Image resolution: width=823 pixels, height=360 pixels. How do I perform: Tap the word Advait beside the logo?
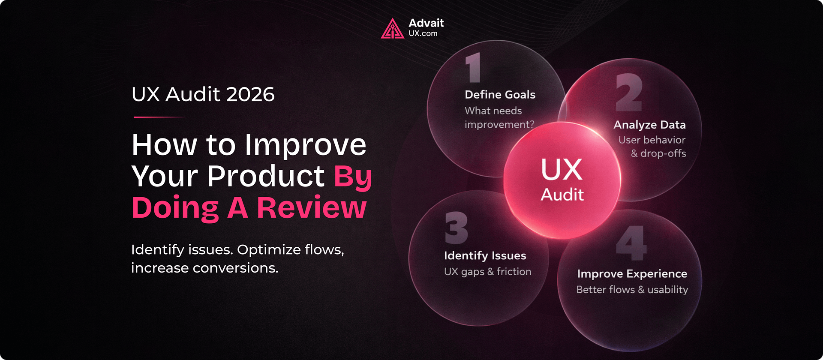[426, 23]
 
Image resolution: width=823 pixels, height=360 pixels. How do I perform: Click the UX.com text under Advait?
[423, 33]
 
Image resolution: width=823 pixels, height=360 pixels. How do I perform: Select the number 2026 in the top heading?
[250, 94]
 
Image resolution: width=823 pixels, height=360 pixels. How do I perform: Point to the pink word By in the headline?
[353, 176]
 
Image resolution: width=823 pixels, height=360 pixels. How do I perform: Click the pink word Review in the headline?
[312, 208]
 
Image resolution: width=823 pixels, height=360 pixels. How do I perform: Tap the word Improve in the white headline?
[306, 145]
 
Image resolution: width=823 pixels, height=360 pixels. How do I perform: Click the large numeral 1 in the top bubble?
[473, 68]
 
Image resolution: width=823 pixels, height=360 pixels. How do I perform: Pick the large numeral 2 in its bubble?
[629, 92]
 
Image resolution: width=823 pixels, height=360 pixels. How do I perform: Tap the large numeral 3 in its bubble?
[456, 228]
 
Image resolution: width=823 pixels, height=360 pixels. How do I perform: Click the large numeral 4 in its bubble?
[631, 243]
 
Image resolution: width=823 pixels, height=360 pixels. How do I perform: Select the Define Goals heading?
[500, 95]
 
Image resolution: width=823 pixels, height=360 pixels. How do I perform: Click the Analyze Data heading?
[649, 125]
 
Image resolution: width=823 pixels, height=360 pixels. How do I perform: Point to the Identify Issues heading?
[485, 256]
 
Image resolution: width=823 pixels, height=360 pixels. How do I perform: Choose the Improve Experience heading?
[632, 274]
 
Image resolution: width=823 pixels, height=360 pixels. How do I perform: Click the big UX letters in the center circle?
[562, 169]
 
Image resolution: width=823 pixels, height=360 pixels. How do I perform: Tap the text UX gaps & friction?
[487, 272]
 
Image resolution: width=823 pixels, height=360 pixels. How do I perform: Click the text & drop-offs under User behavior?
[658, 153]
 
